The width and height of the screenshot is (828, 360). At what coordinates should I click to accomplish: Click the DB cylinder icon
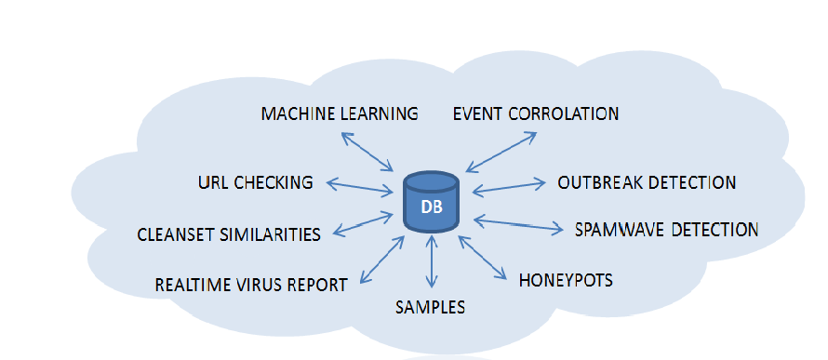tap(431, 203)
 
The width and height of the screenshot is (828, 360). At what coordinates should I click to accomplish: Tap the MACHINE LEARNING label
tap(340, 113)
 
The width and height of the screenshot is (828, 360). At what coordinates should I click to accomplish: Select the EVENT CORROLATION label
tap(536, 113)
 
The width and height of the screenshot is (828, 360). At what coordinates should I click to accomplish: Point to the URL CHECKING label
tap(256, 182)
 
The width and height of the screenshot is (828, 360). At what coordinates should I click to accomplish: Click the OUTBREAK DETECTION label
tap(647, 182)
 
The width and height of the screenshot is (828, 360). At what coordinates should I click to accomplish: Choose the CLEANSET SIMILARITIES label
tap(229, 233)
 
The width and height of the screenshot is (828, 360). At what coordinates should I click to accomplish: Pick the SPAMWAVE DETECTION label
tap(666, 230)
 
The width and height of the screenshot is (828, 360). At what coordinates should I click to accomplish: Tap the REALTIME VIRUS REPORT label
tap(251, 285)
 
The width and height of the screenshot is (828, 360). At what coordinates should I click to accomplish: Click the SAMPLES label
tap(431, 307)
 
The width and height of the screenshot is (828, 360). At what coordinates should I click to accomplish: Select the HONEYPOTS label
tap(566, 280)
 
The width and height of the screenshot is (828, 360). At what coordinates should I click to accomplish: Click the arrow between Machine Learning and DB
tap(368, 152)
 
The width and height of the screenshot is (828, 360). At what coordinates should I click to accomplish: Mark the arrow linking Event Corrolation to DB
tap(501, 152)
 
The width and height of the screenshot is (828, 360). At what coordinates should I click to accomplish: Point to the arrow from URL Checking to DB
tap(360, 187)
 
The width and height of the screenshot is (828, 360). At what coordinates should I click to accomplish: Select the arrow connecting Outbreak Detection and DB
tap(509, 187)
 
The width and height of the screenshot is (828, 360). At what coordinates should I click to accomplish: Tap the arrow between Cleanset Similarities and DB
tap(364, 224)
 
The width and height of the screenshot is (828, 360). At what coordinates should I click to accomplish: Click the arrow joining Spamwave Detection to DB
tap(518, 224)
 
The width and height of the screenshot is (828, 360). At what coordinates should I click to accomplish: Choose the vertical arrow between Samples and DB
tap(432, 261)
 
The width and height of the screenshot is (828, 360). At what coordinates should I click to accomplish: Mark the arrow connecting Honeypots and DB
tap(483, 257)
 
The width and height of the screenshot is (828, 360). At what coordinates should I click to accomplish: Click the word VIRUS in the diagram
tap(262, 285)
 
